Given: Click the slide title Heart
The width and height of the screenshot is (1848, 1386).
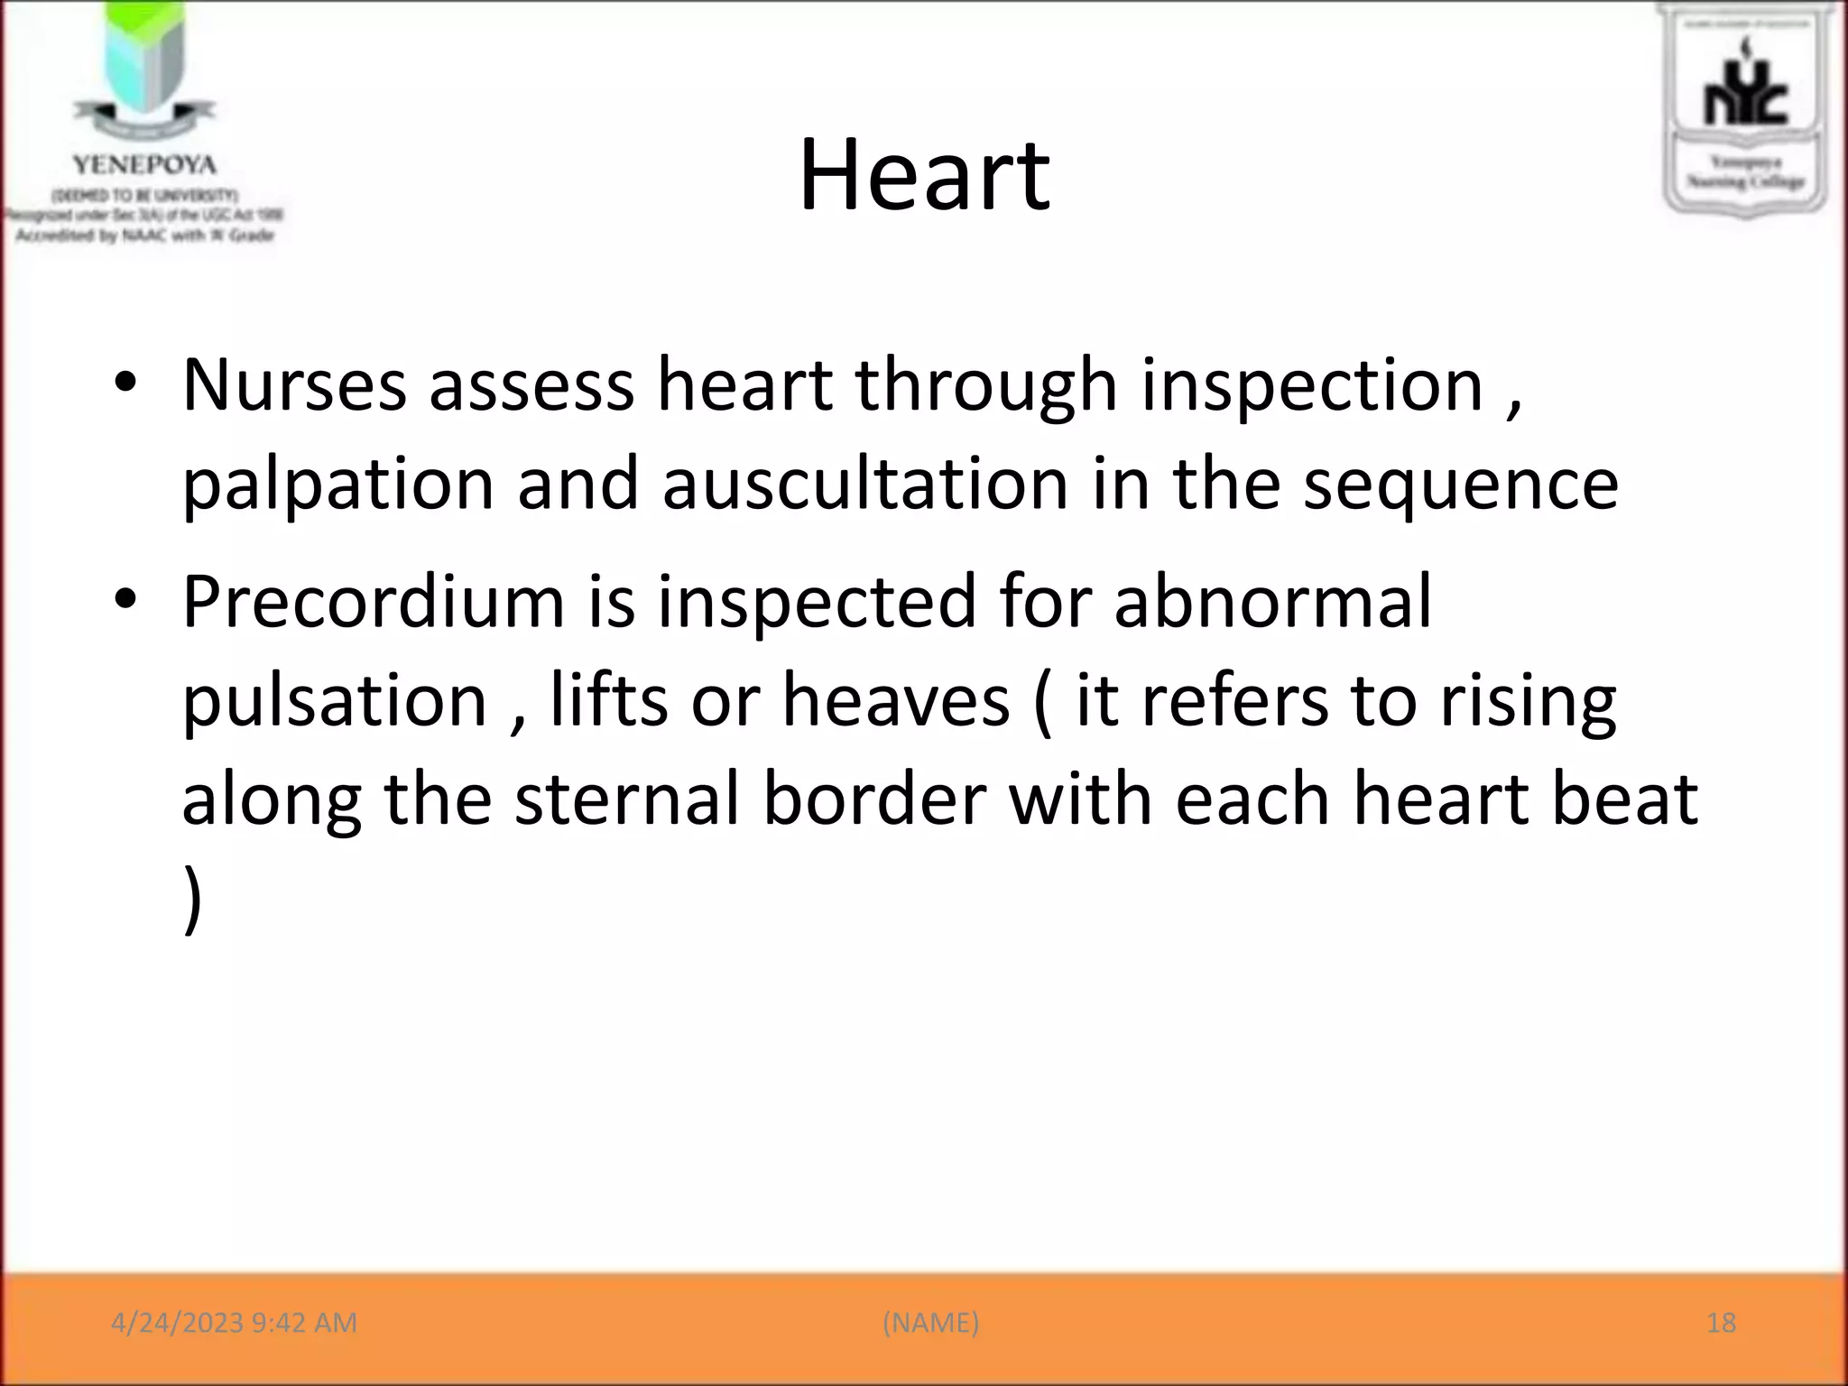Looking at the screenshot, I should [924, 176].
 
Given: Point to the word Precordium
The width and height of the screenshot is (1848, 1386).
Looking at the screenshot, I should [373, 602].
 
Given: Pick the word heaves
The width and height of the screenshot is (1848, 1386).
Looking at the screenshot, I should [895, 701].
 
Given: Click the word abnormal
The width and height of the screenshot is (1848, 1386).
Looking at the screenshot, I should [1272, 602].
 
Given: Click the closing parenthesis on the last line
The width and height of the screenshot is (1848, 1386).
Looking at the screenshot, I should [192, 899].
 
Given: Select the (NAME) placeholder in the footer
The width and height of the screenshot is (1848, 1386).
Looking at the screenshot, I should [930, 1323].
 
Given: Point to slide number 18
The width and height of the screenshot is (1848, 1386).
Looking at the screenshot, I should [1721, 1323].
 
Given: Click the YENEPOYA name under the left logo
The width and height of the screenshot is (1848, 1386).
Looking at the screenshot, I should [144, 165].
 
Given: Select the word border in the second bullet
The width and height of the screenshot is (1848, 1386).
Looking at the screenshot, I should [873, 799].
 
